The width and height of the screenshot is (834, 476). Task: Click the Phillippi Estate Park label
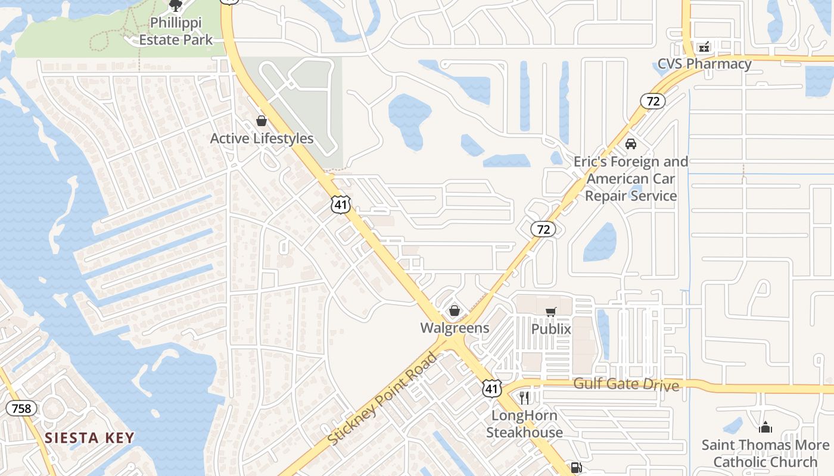click(x=176, y=32)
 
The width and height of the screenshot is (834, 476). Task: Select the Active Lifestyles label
click(x=262, y=138)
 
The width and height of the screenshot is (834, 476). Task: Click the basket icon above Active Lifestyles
click(x=262, y=121)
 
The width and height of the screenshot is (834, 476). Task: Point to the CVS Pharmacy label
click(x=704, y=64)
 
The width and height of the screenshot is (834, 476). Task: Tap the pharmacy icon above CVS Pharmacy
click(x=704, y=46)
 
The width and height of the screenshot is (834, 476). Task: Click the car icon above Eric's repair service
click(x=631, y=144)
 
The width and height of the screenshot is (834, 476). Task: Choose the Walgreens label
click(x=455, y=328)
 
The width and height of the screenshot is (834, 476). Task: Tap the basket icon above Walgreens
click(x=455, y=311)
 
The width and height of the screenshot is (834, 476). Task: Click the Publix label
click(x=551, y=329)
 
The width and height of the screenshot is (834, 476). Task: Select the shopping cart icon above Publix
click(x=551, y=312)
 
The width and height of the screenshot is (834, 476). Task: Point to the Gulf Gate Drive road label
click(x=626, y=384)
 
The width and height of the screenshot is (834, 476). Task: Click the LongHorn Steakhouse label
click(x=524, y=424)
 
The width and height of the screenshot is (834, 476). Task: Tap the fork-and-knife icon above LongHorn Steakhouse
click(x=524, y=397)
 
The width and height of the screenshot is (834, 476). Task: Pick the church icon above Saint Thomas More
click(x=765, y=427)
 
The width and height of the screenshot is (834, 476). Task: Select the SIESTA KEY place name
click(x=89, y=439)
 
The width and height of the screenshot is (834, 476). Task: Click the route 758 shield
click(x=22, y=408)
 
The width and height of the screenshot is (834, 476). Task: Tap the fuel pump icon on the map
click(x=575, y=468)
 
